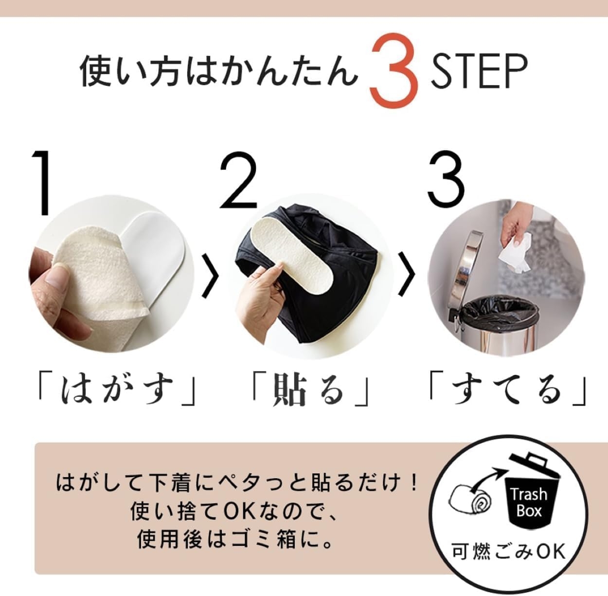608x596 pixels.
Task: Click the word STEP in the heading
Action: (479, 72)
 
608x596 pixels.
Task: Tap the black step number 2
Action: (238, 182)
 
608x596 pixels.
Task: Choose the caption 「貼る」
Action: (309, 390)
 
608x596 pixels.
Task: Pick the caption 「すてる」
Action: (507, 389)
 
